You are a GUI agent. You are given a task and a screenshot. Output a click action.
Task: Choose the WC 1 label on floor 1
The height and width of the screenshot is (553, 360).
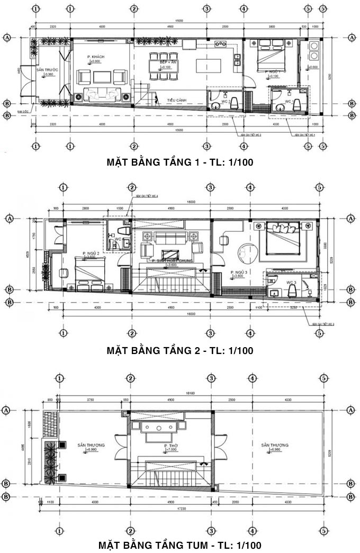289,101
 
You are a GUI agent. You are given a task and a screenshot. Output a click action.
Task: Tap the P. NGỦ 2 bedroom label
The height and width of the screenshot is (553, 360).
91,253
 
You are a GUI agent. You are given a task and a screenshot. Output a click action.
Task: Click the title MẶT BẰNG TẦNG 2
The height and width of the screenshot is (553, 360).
179,350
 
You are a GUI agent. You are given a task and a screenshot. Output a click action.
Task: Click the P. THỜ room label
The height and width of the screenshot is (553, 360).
170,446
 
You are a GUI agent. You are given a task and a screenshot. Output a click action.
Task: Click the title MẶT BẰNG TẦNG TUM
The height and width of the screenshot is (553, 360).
179,545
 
